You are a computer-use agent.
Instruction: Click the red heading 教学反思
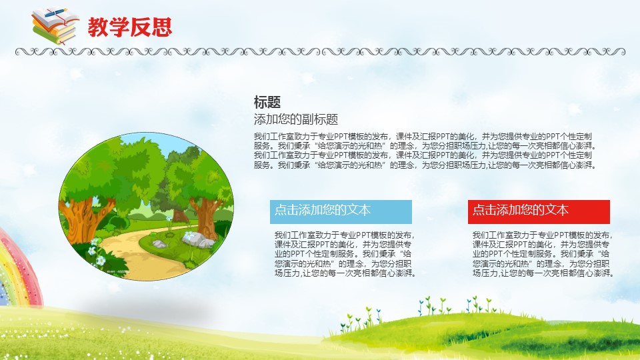coord(130,27)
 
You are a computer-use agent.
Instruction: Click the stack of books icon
coord(55,26)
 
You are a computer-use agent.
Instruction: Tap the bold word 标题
coord(267,101)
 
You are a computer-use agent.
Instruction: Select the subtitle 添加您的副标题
coord(296,119)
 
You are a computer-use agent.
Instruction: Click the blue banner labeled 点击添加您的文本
coord(341,211)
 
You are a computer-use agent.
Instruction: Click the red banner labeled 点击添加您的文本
coord(539,211)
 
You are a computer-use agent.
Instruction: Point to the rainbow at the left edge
coord(19,269)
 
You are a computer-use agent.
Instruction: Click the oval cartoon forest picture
coord(146,206)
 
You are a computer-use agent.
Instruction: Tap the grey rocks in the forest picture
coord(198,239)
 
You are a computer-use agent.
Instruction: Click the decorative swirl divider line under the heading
coord(320,52)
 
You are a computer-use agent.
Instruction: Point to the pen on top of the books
coord(56,13)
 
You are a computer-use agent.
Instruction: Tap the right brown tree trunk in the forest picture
coord(206,216)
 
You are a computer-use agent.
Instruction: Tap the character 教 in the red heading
coord(98,27)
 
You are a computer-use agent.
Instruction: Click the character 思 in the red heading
coord(161,27)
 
